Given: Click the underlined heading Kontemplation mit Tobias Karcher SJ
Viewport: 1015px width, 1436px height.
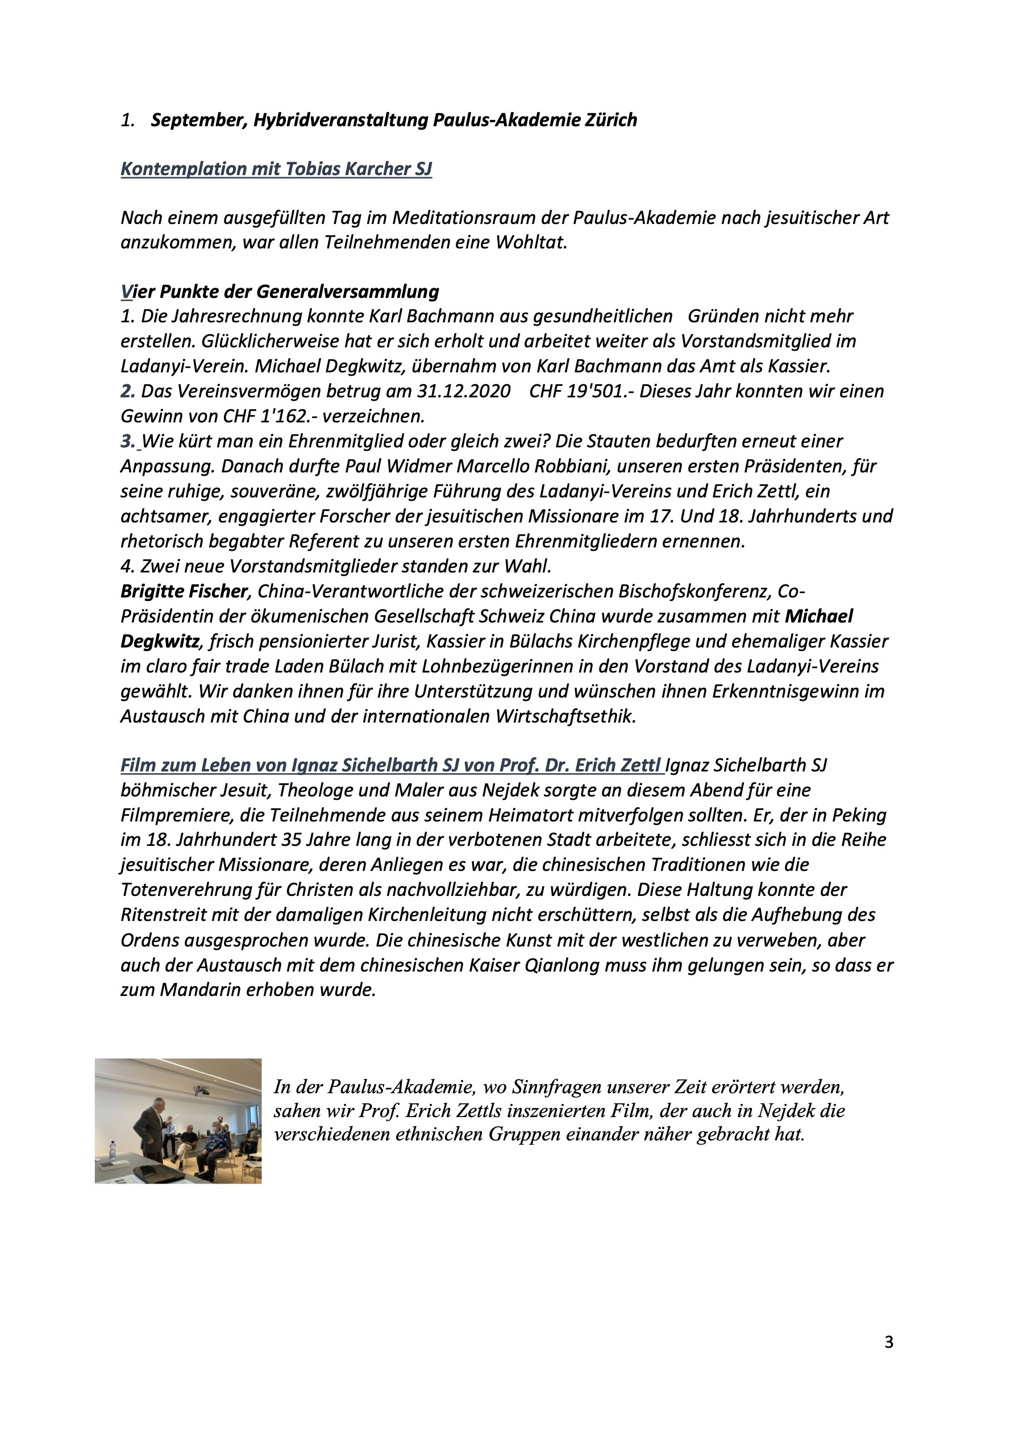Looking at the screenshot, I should point(276,169).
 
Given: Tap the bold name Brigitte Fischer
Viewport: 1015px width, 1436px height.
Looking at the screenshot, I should point(185,592).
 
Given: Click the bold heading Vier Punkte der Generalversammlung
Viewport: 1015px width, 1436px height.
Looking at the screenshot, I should point(280,292).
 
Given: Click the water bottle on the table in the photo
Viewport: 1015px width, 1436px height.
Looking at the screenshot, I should point(113,1151).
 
